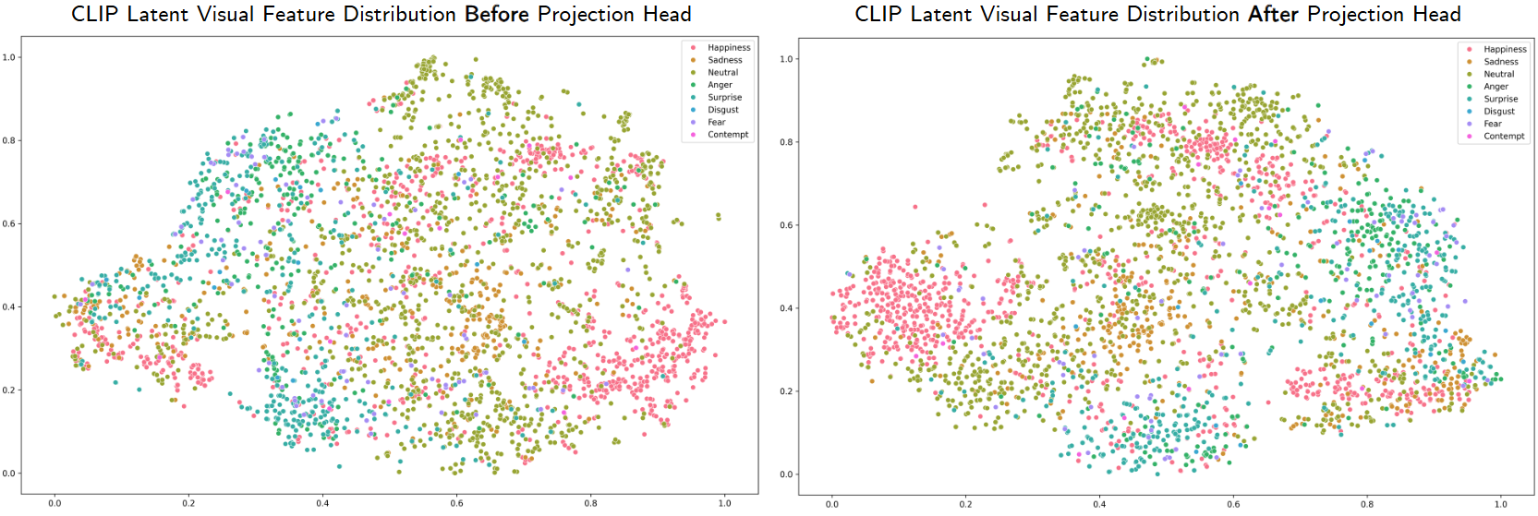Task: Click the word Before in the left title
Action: click(x=497, y=15)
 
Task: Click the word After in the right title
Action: click(x=1273, y=15)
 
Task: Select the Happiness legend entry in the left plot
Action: click(x=729, y=48)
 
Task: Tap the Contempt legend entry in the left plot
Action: click(x=728, y=135)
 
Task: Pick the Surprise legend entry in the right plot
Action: click(x=1500, y=99)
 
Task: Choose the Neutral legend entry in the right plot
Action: click(x=1498, y=74)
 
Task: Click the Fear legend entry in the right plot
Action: click(x=1493, y=124)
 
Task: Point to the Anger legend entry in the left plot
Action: click(x=720, y=85)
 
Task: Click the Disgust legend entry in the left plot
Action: click(x=723, y=110)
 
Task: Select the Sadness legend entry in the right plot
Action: click(x=1500, y=62)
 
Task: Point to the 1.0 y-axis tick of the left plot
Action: click(x=9, y=57)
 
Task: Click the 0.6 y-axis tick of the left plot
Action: click(x=9, y=223)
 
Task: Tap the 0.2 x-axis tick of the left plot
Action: click(x=188, y=503)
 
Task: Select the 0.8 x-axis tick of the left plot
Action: click(x=590, y=503)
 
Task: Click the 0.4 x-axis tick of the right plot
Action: click(x=1099, y=504)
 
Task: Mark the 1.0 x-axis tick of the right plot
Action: click(x=1500, y=504)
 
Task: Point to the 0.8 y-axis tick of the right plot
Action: click(x=786, y=142)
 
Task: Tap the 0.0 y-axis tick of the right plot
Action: click(x=786, y=474)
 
